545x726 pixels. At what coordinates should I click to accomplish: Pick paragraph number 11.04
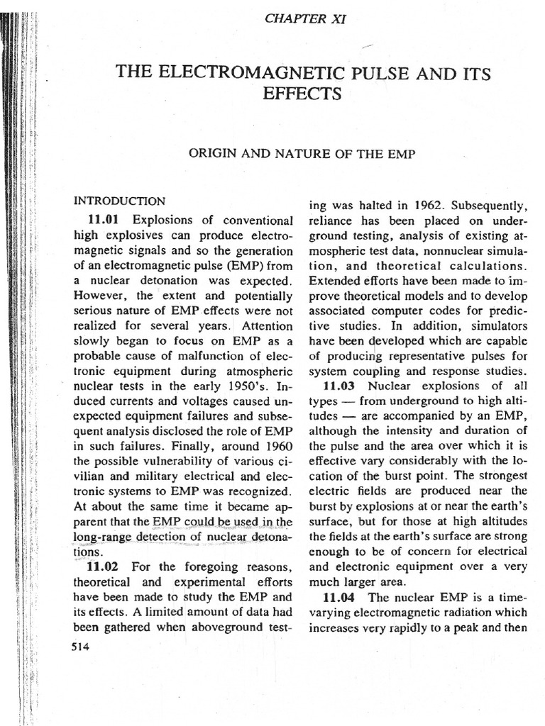[340, 598]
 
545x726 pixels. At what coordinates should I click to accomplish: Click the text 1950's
[251, 389]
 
